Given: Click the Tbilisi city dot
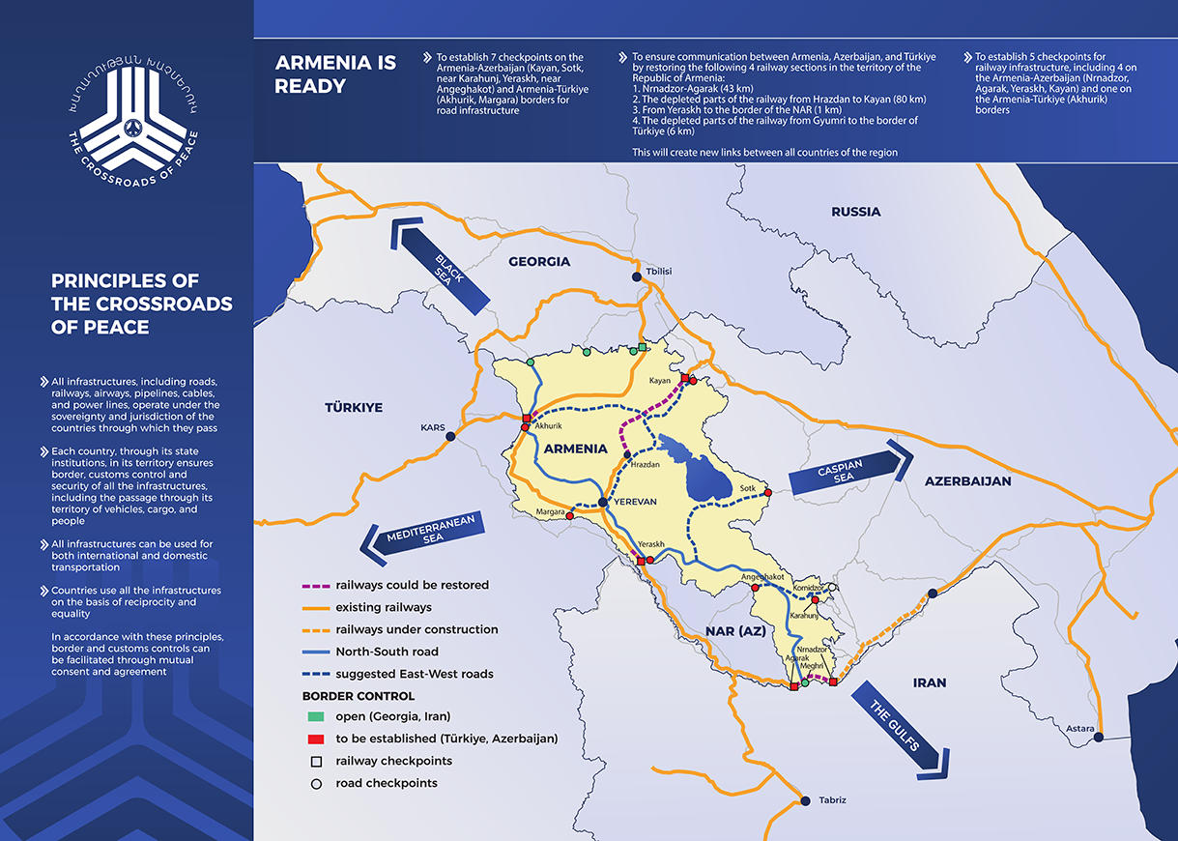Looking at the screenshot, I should point(637,277).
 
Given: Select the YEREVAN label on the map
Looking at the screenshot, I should point(634,502).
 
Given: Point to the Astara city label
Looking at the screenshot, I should point(1079,728).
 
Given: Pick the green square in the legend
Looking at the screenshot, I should point(316,716).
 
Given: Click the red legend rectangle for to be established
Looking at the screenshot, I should point(316,739).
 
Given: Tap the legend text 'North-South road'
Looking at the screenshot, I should point(388,652).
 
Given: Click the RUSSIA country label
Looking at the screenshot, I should point(855,212).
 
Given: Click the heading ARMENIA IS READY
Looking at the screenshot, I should point(335,74).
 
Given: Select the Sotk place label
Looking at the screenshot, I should point(747,489).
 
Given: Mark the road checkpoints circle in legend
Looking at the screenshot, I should point(316,783).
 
